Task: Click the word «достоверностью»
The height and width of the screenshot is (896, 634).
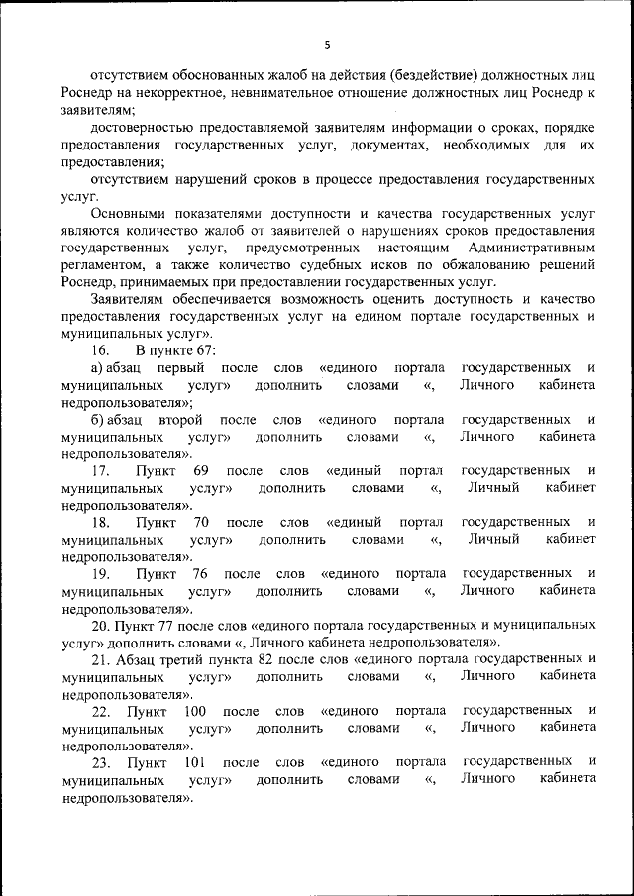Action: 138,128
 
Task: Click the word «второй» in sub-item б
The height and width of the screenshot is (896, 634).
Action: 179,420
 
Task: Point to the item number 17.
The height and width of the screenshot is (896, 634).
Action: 100,471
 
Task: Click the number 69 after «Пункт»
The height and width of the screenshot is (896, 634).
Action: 200,471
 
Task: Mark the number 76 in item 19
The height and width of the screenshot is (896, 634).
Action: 199,574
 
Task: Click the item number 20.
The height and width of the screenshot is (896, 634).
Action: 100,626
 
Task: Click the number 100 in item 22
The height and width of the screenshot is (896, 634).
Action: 195,711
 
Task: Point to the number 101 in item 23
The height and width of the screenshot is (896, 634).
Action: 195,762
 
